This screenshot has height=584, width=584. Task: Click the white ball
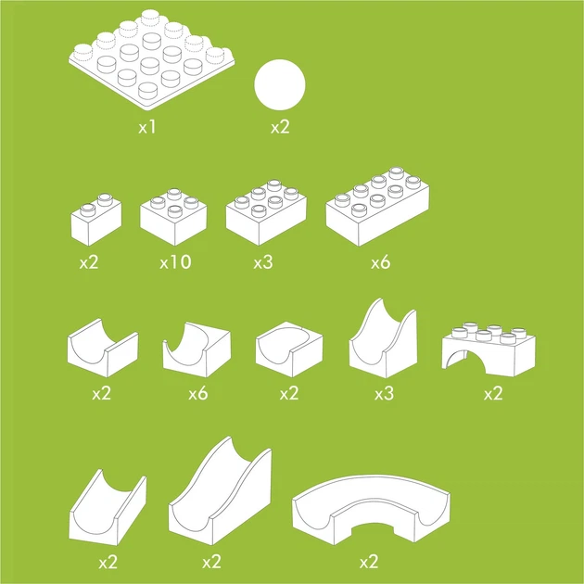(280, 85)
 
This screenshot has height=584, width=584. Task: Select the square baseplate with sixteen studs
(152, 59)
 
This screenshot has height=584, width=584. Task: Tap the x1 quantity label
(147, 127)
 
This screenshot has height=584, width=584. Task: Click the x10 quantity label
(175, 261)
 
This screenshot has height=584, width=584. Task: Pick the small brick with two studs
(96, 220)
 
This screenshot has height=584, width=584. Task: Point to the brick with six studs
(266, 212)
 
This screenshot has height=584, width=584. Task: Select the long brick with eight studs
(377, 207)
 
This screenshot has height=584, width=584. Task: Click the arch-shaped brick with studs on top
(489, 349)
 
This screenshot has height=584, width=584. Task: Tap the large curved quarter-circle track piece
(372, 510)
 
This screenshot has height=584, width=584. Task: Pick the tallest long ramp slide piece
(220, 491)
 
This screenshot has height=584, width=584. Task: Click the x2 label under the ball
(280, 127)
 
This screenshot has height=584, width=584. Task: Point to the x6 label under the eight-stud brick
(381, 262)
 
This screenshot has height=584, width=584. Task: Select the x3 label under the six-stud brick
(263, 262)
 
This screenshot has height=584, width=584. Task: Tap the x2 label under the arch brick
(493, 393)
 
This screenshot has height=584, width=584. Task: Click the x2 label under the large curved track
(369, 562)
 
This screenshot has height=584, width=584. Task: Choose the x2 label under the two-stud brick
(89, 262)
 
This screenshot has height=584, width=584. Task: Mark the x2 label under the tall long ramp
(211, 562)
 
